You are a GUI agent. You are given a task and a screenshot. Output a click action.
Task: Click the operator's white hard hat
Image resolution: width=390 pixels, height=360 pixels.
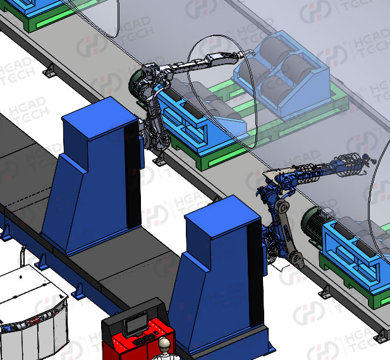pos(164,343)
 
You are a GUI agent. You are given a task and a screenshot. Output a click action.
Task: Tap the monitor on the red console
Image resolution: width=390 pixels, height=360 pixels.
pos(135,324)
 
